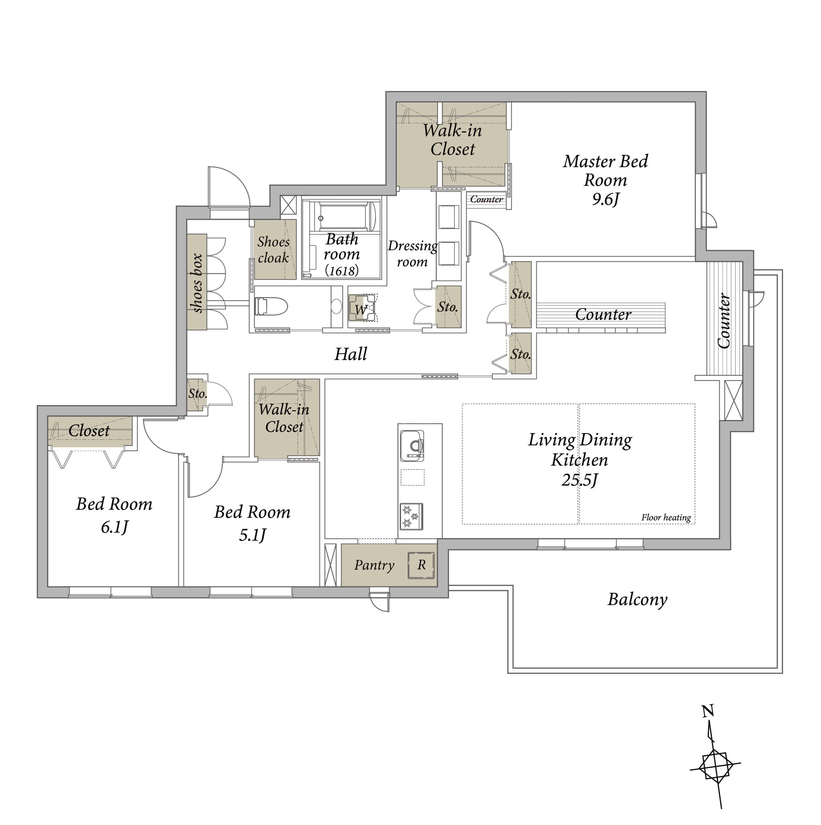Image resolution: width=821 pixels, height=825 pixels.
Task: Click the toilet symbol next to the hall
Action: [x=271, y=306]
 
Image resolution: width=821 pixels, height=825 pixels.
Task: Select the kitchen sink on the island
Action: [x=412, y=446]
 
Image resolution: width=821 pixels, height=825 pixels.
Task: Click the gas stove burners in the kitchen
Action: [x=411, y=517]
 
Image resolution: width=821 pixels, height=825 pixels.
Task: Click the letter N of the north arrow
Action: [x=708, y=711]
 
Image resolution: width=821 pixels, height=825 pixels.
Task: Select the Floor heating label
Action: [x=666, y=518]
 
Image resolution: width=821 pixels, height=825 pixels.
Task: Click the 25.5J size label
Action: [x=579, y=480]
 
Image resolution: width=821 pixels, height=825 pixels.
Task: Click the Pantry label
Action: [x=374, y=565]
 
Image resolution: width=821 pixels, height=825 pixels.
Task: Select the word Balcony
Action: [x=637, y=599]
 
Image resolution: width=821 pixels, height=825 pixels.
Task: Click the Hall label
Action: [x=351, y=354]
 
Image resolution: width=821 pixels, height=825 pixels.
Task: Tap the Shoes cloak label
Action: [x=273, y=250]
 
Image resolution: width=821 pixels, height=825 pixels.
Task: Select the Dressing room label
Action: [x=413, y=254]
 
